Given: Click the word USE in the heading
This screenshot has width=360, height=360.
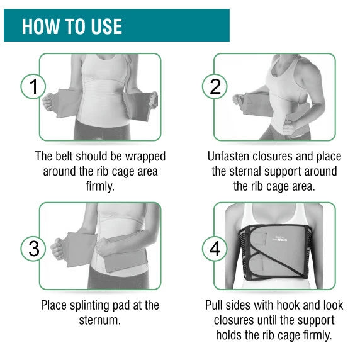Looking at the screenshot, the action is point(106,26).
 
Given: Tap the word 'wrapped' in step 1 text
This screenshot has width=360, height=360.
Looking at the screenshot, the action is point(145,157).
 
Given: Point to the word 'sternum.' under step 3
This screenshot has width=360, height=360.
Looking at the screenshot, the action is point(100,320).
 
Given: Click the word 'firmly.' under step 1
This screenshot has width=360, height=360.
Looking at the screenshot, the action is point(100,186).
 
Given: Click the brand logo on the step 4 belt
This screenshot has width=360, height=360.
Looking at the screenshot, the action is point(278,239).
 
